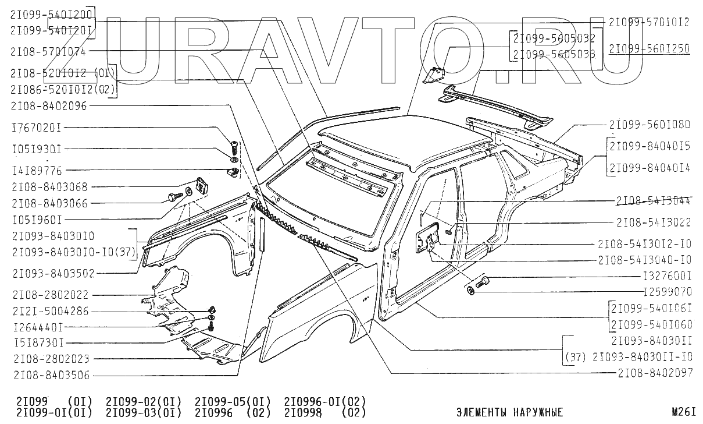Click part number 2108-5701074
(48, 51)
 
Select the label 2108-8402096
(48, 107)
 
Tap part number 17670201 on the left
(35, 128)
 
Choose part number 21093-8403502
(52, 273)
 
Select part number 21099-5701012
(649, 22)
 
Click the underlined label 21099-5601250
(649, 48)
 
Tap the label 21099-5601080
(649, 124)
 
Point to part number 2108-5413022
(654, 222)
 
